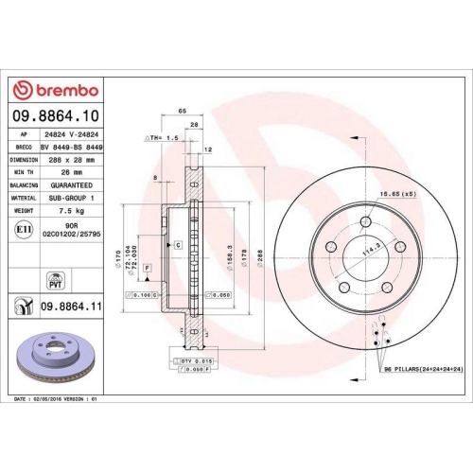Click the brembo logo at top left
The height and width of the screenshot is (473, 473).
click(54, 90)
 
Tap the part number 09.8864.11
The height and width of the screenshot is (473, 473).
click(70, 305)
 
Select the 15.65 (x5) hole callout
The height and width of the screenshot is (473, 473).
click(397, 194)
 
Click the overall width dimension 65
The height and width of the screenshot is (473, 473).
click(181, 111)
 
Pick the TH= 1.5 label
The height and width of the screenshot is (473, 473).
click(161, 138)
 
